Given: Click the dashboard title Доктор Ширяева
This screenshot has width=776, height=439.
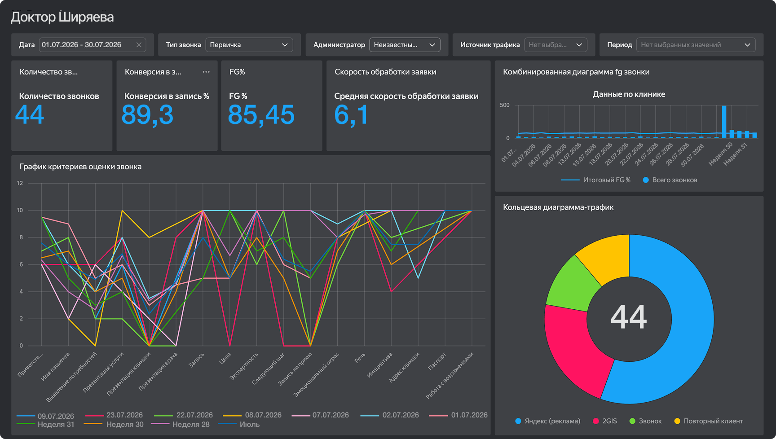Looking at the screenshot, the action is point(62,17).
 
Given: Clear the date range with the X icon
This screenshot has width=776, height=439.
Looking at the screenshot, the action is point(139,45).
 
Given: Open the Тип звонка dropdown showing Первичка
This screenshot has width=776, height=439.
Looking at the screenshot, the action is point(249,45).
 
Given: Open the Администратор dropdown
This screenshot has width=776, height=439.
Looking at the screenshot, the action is point(405,45).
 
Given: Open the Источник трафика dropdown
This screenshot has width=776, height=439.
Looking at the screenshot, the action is point(556,45).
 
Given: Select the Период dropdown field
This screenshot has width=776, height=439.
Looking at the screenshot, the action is point(696,45).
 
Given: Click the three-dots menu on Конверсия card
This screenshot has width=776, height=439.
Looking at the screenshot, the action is point(206,72).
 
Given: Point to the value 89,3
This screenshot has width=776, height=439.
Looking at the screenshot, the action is point(147,115).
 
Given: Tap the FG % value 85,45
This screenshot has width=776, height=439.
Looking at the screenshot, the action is point(261,115).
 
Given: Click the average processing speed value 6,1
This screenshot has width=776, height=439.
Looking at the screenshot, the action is point(351,115).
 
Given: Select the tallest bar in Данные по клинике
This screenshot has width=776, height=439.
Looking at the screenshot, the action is point(724,122).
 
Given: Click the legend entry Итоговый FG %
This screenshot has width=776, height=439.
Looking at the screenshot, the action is point(595,180).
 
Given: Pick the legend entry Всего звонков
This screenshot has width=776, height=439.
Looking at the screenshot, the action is point(670,180).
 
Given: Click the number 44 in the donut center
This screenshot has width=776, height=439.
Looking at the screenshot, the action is point(629,317).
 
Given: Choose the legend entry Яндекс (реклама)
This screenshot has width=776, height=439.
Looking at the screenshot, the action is point(548,421).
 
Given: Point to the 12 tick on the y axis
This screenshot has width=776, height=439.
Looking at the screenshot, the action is point(20,183).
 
